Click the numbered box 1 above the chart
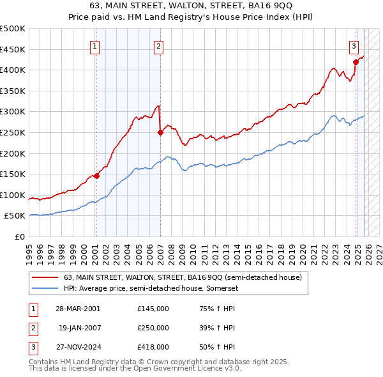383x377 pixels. (94, 45)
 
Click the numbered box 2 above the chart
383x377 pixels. (158, 45)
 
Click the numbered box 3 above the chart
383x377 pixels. (354, 45)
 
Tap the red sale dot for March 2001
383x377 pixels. (96, 176)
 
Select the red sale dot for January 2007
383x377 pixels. (160, 132)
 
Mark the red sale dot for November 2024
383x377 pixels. (356, 62)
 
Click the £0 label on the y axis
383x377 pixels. (19, 236)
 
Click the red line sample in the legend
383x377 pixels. (45, 277)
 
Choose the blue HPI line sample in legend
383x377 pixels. (45, 288)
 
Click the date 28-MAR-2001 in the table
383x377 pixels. (78, 308)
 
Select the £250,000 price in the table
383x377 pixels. (153, 328)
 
